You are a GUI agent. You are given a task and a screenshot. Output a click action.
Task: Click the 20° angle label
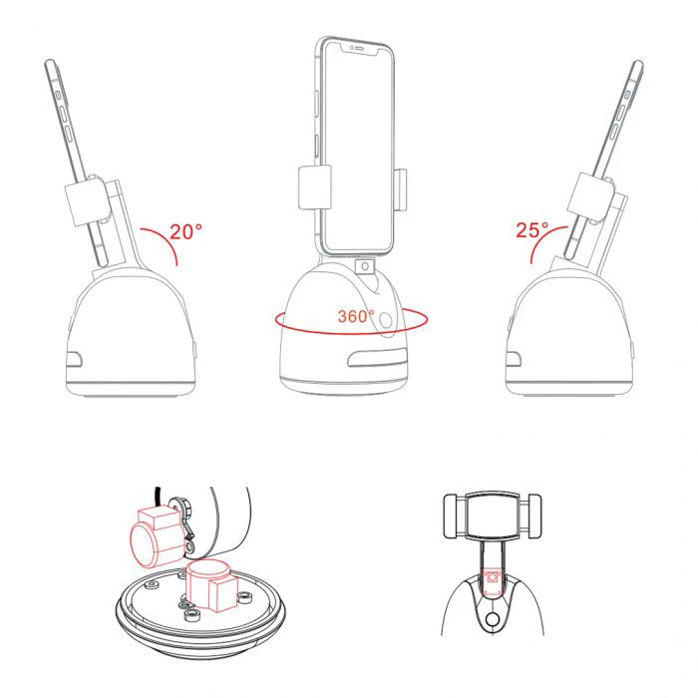point(186,232)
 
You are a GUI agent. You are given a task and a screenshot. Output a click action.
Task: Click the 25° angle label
point(531,229)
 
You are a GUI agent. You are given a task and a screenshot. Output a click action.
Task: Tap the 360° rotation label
point(356,316)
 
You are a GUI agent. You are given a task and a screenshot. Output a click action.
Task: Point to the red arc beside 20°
point(166,241)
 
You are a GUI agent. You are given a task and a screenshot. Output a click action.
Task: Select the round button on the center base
point(386,320)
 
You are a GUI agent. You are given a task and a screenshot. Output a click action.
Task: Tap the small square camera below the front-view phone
point(365,266)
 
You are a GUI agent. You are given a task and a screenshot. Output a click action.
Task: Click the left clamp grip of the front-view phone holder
point(315,187)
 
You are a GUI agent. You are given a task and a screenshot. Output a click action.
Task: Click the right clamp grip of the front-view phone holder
point(401,189)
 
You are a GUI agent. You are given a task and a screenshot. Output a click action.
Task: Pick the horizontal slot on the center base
point(378,358)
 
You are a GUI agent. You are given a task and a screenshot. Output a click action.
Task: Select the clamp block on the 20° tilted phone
point(88,202)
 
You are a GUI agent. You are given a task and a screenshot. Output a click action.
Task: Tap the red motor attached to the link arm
point(158,536)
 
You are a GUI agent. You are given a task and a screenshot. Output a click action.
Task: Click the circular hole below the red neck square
point(493,619)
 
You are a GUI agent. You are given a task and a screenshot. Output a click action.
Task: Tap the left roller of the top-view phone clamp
point(455,517)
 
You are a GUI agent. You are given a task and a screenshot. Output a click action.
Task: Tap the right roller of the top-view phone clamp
point(530,517)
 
